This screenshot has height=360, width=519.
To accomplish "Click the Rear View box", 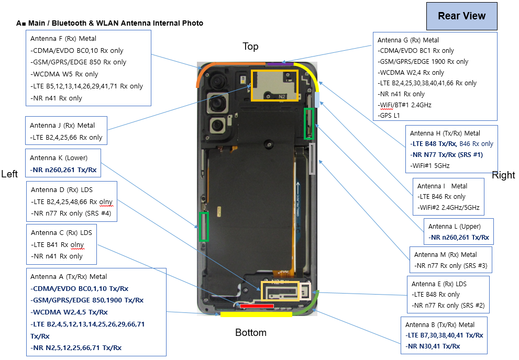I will coord(461,16).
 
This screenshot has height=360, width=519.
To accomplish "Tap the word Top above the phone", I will coord(250,47).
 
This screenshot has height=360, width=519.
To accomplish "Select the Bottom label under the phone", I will coord(250,332).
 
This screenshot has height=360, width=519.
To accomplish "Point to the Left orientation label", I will coord(10,174).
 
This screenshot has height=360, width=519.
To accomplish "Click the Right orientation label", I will coord(503,175).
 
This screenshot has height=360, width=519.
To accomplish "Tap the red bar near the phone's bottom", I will coord(257,306).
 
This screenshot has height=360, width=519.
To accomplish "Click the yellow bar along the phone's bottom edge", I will coord(256,314).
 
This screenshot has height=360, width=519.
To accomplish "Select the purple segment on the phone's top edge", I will coord(280,64).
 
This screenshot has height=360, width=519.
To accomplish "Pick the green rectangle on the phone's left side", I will coord(204,227).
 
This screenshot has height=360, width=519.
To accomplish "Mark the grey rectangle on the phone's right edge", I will coord(312,158).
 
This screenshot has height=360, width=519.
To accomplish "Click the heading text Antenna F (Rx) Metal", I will coord(63,38).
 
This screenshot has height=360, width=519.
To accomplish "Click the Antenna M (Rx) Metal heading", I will coord(445,255).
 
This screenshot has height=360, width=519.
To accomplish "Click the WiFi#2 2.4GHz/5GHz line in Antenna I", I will coord(448,207).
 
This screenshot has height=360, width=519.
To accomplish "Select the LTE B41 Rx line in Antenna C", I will coord(57,245).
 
